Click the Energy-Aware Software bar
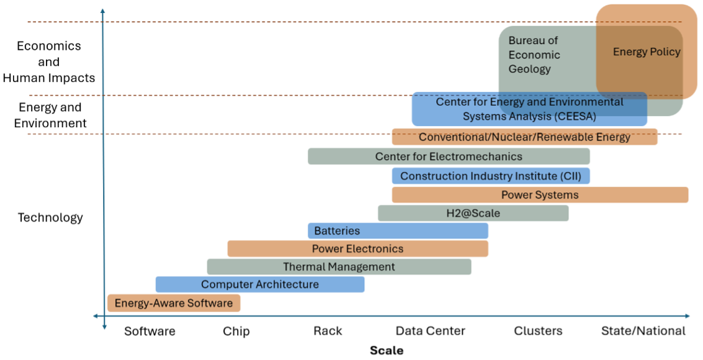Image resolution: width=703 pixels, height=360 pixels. (173, 303)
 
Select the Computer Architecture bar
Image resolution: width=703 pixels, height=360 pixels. (259, 284)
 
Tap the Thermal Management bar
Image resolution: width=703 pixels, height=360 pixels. (339, 267)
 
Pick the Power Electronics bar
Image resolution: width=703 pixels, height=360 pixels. (357, 249)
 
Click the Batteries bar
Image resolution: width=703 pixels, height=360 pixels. (398, 231)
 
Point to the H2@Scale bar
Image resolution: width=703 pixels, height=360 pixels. (473, 213)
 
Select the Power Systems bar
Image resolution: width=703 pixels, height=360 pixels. (540, 195)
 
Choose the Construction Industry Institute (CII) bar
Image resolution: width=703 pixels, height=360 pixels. (490, 176)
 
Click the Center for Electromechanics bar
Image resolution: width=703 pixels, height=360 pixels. (449, 156)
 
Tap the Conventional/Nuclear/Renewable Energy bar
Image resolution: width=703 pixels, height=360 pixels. (524, 137)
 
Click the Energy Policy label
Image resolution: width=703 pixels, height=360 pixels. (647, 52)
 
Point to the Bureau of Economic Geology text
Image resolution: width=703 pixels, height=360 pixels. (534, 55)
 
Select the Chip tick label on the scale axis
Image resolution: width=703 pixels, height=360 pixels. (236, 331)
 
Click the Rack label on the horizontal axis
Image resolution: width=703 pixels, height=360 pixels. (328, 331)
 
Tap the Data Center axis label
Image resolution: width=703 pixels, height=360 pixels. (430, 331)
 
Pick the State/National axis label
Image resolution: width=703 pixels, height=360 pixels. (643, 331)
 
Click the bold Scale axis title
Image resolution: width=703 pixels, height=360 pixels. (387, 351)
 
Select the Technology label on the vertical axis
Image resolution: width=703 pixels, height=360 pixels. (50, 218)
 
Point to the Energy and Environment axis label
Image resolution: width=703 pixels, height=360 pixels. (50, 115)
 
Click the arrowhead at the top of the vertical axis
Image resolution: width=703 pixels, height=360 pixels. (102, 11)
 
